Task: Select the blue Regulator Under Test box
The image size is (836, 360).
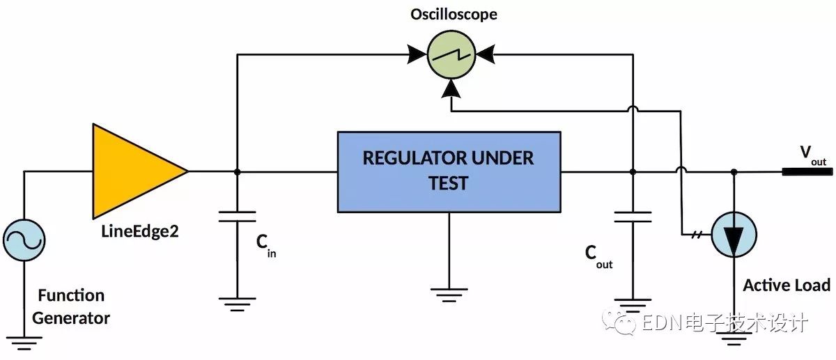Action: pyautogui.click(x=449, y=172)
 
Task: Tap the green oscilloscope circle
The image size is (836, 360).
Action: pyautogui.click(x=451, y=55)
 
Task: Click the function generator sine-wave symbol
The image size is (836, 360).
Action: pyautogui.click(x=24, y=240)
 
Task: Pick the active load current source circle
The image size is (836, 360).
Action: pyautogui.click(x=734, y=235)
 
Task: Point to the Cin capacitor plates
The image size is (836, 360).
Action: pyautogui.click(x=238, y=217)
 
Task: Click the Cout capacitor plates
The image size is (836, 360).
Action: pyautogui.click(x=633, y=217)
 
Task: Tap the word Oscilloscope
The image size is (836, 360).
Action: pyautogui.click(x=454, y=15)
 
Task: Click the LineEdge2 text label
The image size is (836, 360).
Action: pyautogui.click(x=140, y=232)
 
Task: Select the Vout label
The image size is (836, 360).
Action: pyautogui.click(x=813, y=155)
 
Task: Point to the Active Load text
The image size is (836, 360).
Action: pyautogui.click(x=787, y=285)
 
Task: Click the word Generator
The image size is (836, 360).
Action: pyautogui.click(x=71, y=318)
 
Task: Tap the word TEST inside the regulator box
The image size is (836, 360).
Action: pyautogui.click(x=448, y=183)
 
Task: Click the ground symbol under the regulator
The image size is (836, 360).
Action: pyautogui.click(x=449, y=295)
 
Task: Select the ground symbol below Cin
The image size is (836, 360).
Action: pyautogui.click(x=238, y=304)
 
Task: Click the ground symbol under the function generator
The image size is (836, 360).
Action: pyautogui.click(x=24, y=343)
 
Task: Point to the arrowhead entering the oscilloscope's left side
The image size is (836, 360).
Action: pyautogui.click(x=417, y=55)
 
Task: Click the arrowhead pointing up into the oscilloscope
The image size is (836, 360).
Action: pyautogui.click(x=451, y=89)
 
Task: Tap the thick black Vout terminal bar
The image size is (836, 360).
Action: pyautogui.click(x=807, y=171)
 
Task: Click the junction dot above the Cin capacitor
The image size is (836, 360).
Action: pyautogui.click(x=238, y=172)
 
